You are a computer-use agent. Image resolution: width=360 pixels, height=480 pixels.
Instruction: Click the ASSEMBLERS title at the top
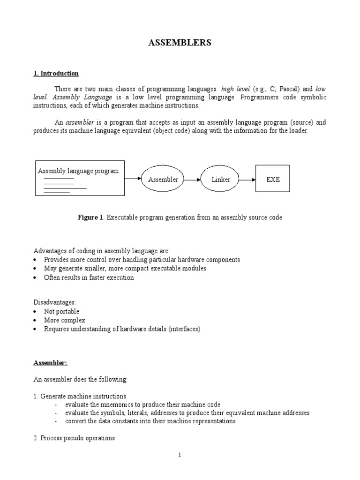[180, 43]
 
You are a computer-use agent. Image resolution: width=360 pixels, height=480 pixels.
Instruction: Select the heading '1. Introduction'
[56, 74]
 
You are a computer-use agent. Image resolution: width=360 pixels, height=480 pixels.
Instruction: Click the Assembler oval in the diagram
[163, 180]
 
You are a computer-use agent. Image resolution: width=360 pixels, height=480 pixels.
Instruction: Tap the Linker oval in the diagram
[221, 180]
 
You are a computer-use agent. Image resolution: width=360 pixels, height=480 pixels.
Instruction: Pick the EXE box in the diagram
[273, 180]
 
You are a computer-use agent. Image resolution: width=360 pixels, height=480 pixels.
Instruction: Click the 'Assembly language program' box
[80, 178]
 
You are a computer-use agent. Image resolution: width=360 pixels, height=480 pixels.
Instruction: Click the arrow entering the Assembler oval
[133, 179]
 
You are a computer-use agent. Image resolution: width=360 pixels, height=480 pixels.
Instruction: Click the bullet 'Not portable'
[61, 311]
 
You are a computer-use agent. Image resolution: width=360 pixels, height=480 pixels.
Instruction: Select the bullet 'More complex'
[65, 320]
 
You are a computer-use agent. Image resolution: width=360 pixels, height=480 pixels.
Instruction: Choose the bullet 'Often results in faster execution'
[89, 277]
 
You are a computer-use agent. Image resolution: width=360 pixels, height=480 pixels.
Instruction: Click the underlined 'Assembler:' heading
[51, 363]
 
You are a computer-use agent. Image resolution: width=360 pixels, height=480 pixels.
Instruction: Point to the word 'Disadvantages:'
[54, 302]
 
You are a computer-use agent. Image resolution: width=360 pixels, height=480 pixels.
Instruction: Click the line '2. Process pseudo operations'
[74, 438]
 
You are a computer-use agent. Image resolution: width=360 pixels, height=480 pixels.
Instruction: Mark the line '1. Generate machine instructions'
[79, 396]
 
